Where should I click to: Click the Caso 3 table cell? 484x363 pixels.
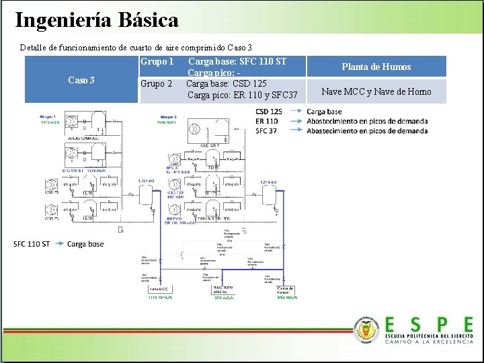[x=81, y=80]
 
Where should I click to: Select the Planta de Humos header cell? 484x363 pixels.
[x=376, y=67]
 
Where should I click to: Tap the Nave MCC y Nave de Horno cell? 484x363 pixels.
[x=376, y=91]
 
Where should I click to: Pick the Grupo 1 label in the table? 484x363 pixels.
[x=157, y=62]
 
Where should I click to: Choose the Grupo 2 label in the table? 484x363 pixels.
[x=156, y=84]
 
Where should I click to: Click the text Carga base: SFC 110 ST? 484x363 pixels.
[x=237, y=62]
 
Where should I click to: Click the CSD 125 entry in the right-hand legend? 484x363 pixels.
[x=269, y=112]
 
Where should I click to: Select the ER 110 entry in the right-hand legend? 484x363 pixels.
[x=267, y=121]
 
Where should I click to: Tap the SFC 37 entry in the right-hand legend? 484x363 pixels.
[x=266, y=130]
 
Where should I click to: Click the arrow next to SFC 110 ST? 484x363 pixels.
[x=58, y=243]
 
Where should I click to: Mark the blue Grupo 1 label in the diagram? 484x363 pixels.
[x=48, y=117]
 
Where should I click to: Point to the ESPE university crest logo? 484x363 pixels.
[x=367, y=329]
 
